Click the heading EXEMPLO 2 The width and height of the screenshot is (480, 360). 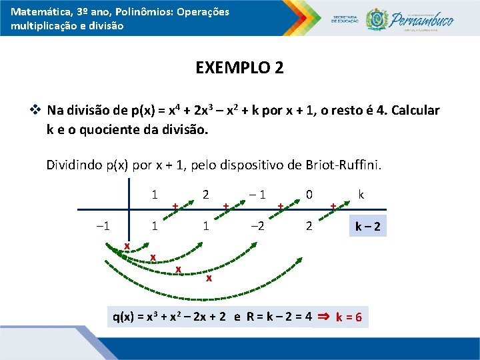pos(239,68)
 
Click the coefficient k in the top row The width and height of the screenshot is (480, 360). pos(361,195)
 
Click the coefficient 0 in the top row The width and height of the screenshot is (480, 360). pos(309,195)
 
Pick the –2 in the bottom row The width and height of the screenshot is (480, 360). pos(257,226)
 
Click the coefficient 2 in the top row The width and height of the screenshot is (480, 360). pos(206,195)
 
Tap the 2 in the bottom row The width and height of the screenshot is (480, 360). pos(309,226)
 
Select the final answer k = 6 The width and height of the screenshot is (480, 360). pos(349,317)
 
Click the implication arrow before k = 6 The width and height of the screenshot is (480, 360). pos(323,317)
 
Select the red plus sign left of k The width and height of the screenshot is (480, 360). pos(333,207)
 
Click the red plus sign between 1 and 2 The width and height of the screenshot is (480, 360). pos(175,207)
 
